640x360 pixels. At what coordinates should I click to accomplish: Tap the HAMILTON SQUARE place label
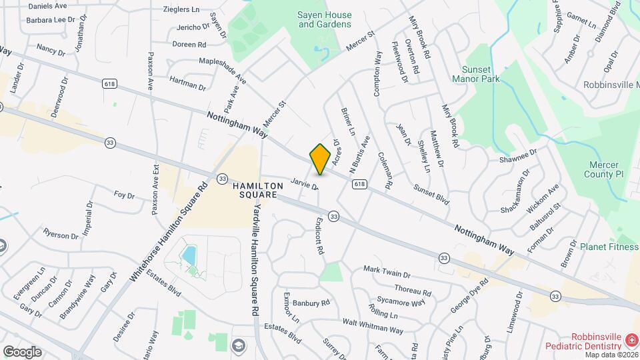tap(254, 189)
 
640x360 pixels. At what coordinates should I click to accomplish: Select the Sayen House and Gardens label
tap(324, 19)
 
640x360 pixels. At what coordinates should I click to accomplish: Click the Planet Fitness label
tap(608, 246)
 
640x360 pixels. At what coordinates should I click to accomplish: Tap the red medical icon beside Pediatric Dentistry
tap(630, 341)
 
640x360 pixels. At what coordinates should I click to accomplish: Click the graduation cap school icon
tap(238, 345)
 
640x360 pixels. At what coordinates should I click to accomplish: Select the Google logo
tap(22, 351)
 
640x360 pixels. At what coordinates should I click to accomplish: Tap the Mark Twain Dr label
tap(387, 272)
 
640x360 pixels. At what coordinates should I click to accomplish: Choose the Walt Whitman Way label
tap(373, 326)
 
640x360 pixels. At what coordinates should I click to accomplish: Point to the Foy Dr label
tap(124, 195)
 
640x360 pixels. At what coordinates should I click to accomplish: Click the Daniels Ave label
tap(48, 5)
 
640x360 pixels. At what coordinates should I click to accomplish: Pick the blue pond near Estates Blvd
tap(189, 255)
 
